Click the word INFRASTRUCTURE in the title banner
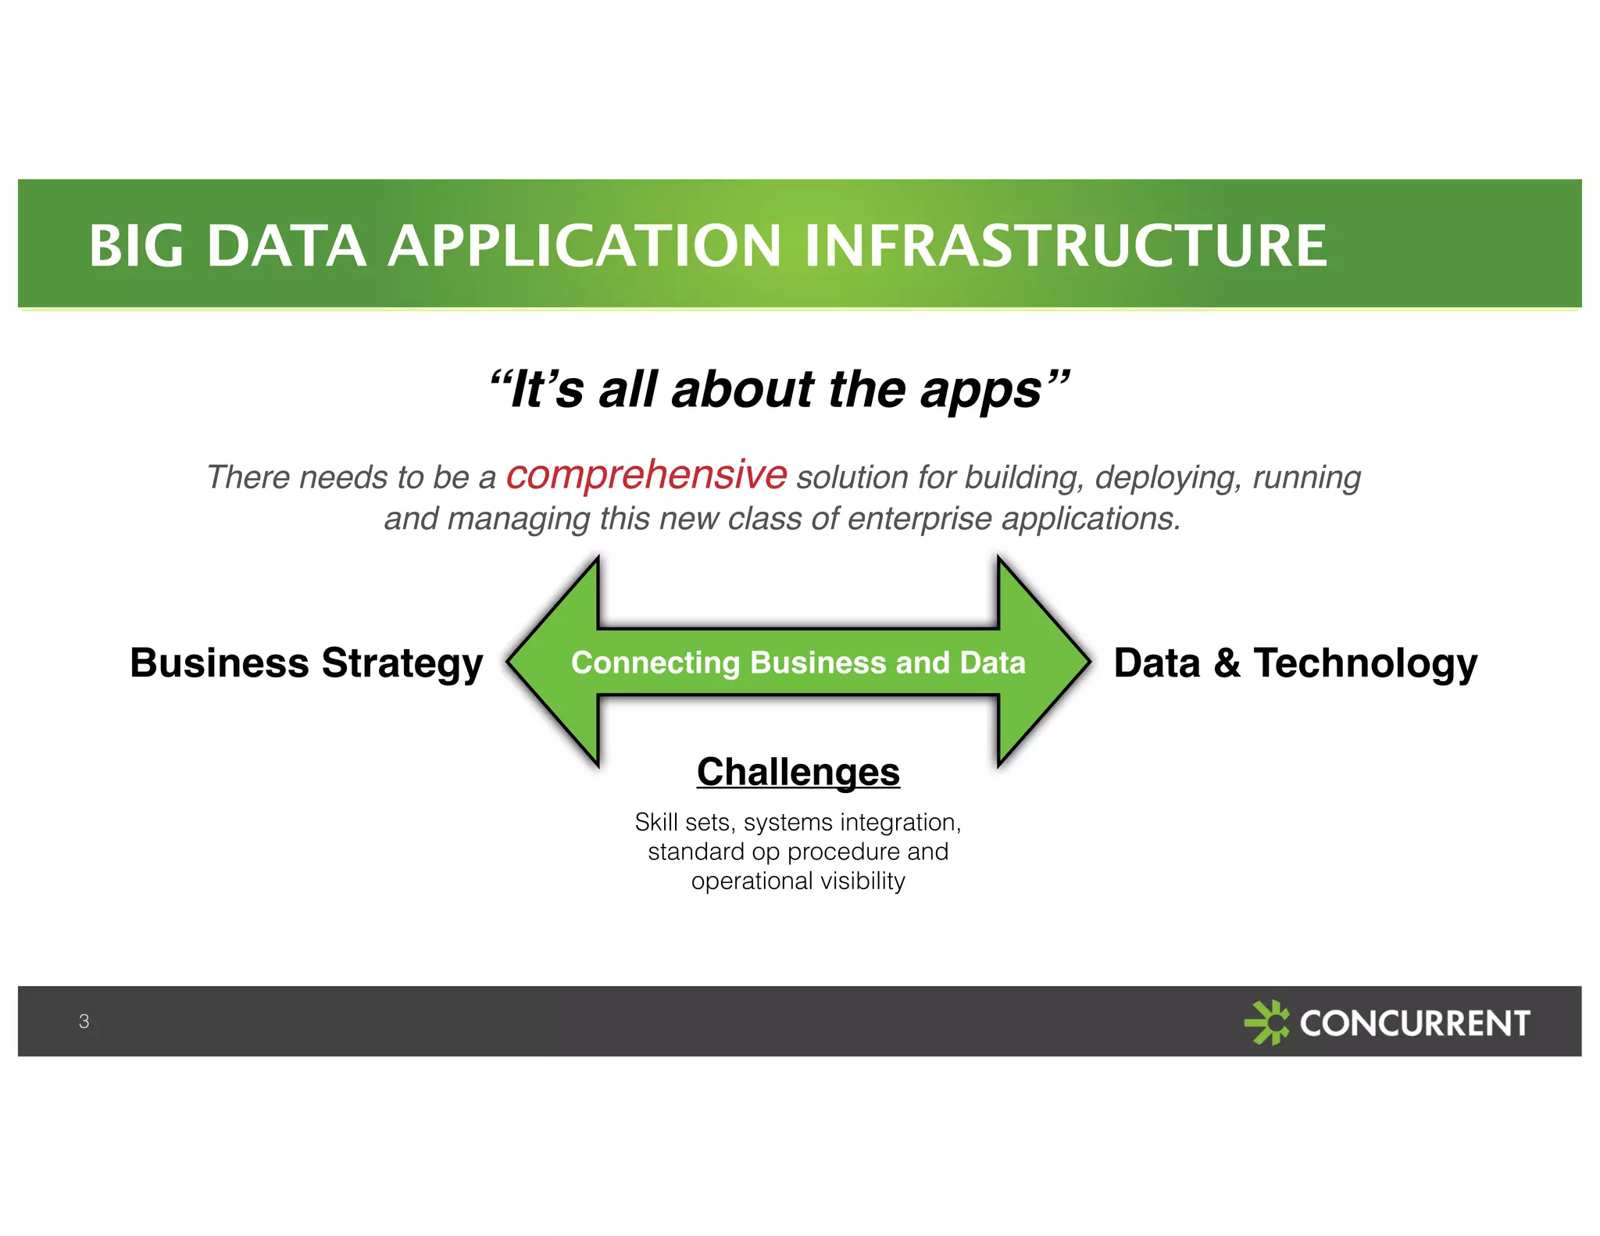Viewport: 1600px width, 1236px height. (x=1066, y=246)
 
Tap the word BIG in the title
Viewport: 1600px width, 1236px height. (x=136, y=246)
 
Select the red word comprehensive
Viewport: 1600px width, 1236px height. (x=646, y=475)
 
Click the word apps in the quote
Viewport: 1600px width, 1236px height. (x=981, y=391)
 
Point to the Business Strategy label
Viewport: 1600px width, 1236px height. (x=306, y=663)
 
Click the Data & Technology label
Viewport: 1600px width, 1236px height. (x=1295, y=663)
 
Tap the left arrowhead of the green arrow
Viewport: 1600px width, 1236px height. (x=555, y=662)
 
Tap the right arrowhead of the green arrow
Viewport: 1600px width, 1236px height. (x=1043, y=662)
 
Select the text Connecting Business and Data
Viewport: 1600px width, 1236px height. (x=798, y=663)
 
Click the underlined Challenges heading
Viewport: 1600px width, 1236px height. (x=798, y=772)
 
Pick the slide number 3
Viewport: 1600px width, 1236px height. (x=84, y=1021)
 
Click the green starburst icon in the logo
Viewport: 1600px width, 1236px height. (x=1266, y=1022)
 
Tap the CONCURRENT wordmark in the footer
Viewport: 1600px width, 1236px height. (x=1414, y=1023)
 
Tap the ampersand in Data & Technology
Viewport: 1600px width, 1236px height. (x=1227, y=663)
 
